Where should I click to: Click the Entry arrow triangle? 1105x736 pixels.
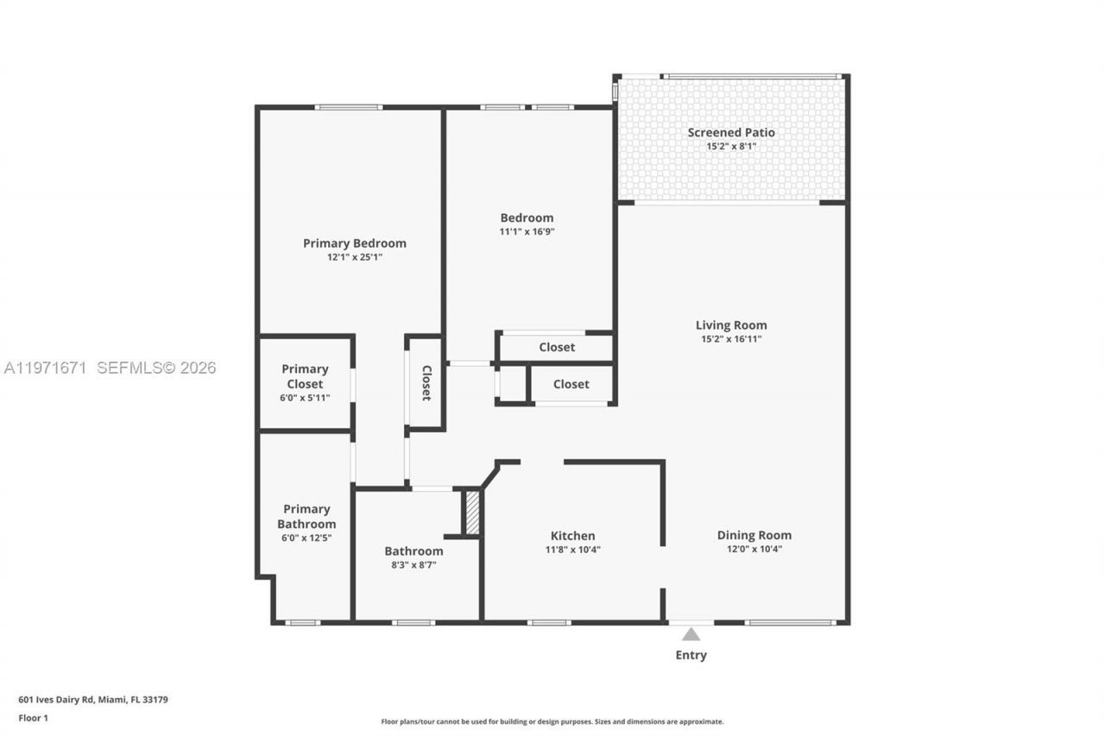(x=691, y=634)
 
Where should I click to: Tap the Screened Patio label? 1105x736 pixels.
(x=730, y=132)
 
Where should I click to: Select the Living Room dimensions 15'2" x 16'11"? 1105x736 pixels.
(x=730, y=339)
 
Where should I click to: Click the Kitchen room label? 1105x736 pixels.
(x=572, y=536)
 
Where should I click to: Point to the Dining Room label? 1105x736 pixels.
(x=754, y=535)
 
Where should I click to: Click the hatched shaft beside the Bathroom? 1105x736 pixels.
(x=472, y=513)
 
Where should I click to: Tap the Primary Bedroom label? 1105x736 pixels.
(x=354, y=243)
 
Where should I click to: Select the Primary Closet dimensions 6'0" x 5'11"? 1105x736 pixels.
(x=305, y=398)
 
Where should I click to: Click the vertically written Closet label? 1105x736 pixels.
(x=426, y=383)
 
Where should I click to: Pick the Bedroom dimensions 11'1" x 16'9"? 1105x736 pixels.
(x=527, y=231)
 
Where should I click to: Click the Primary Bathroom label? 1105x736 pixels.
(x=306, y=516)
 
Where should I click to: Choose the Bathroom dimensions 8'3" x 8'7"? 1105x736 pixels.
(x=414, y=564)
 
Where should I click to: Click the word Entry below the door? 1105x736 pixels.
(x=691, y=655)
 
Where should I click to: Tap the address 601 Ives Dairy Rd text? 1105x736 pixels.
(x=93, y=700)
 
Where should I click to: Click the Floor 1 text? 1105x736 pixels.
(x=34, y=718)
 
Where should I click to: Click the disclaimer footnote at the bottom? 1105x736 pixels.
(x=552, y=721)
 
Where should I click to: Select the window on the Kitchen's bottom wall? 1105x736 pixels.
(x=549, y=622)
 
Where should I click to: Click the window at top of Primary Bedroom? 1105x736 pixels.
(x=348, y=107)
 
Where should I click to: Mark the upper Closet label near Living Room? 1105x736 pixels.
(x=557, y=347)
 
